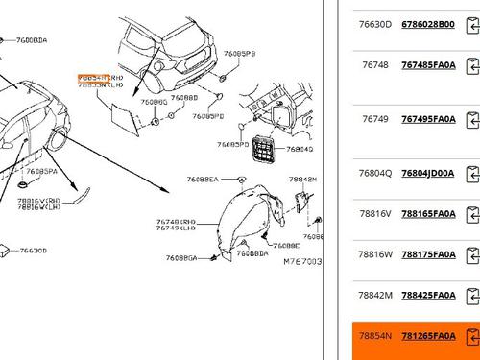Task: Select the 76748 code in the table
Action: tap(375, 65)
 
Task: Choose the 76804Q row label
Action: tap(375, 173)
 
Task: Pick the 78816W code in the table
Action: tap(375, 254)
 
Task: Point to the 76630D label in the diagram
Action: tap(33, 251)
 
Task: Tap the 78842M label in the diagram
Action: tap(302, 180)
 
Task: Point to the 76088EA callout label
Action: tap(203, 180)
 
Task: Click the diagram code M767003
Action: tap(301, 260)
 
